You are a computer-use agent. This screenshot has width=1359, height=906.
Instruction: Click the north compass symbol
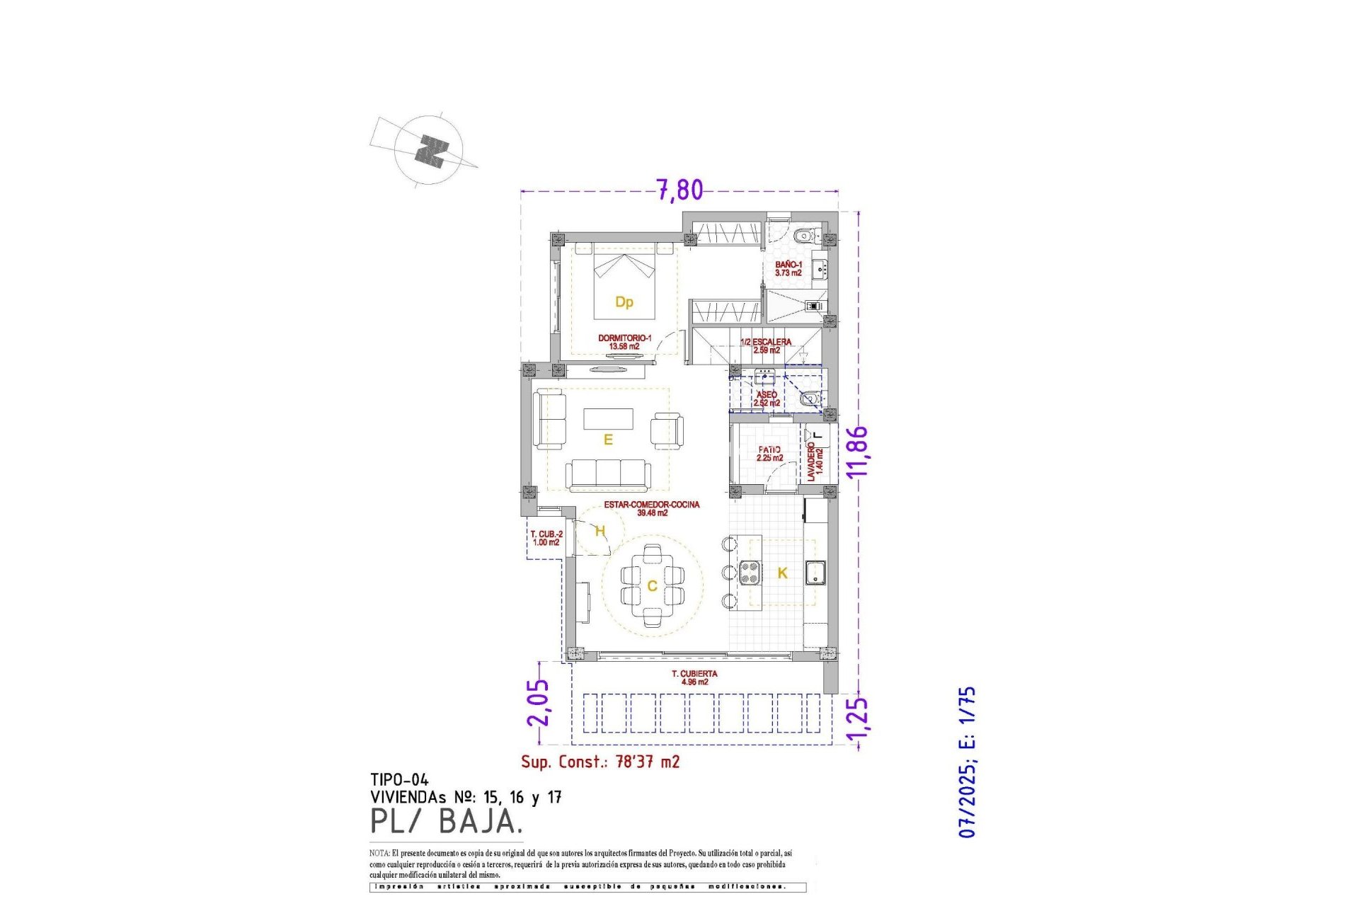(x=430, y=151)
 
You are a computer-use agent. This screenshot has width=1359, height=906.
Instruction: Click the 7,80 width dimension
(x=679, y=190)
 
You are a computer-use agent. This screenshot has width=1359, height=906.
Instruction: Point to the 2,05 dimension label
(x=538, y=703)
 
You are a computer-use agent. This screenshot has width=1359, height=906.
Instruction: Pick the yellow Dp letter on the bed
(x=624, y=302)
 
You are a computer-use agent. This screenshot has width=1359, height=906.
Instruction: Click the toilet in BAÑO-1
(x=803, y=236)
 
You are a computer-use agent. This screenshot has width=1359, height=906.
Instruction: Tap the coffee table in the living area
(x=608, y=418)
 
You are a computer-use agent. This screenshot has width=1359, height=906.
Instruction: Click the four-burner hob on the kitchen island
(x=750, y=572)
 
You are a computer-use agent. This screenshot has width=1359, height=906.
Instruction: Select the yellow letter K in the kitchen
(x=782, y=573)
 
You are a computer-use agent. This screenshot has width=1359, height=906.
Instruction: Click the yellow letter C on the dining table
(x=652, y=586)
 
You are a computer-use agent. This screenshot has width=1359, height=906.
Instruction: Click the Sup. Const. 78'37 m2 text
(x=600, y=762)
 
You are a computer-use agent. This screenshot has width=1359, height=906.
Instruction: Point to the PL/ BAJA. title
(x=447, y=821)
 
